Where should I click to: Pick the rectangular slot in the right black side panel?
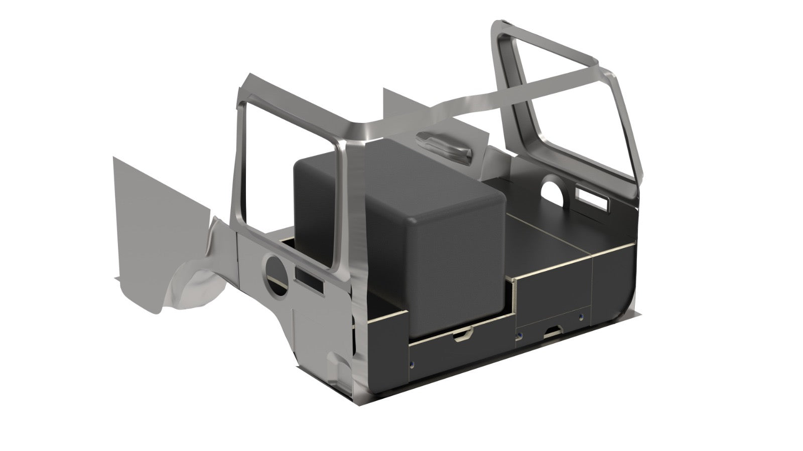[x=592, y=196]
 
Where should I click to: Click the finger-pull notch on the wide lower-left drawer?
[x=462, y=337]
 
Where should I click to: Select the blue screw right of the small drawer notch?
[x=581, y=317]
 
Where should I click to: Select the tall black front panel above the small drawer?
[x=552, y=291]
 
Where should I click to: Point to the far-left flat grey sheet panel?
[x=151, y=226]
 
